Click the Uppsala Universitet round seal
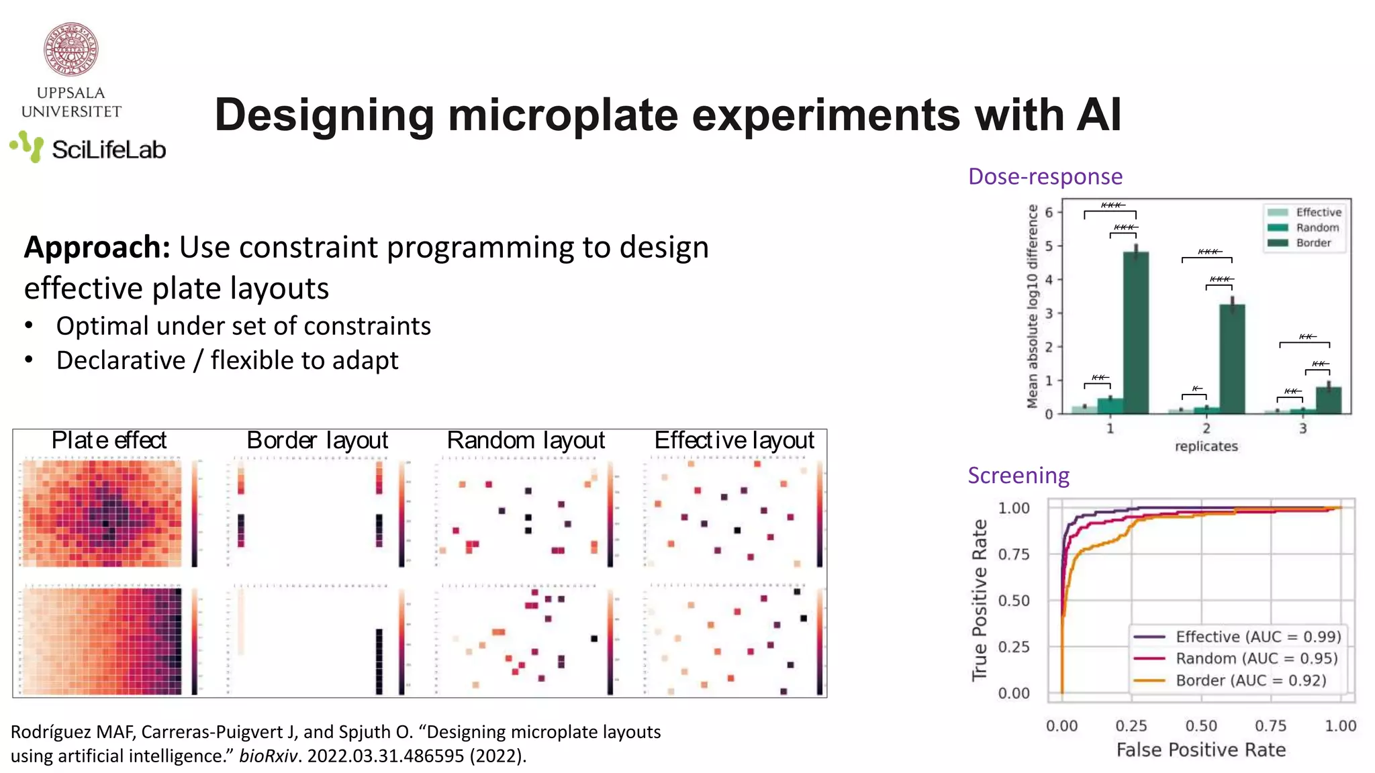(71, 50)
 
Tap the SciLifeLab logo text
(108, 150)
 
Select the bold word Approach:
(97, 248)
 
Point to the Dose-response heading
(1045, 176)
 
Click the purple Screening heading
(1018, 476)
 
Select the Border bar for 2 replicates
(1232, 359)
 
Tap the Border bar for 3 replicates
(1329, 401)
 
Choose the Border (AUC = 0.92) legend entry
(1250, 680)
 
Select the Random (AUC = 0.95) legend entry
(1255, 658)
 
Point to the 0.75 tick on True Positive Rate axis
(1013, 554)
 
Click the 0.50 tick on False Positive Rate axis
(1201, 726)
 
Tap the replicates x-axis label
(1206, 446)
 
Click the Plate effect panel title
(109, 441)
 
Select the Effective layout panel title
(734, 441)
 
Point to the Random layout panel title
(526, 441)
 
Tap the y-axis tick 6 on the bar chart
(1049, 213)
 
